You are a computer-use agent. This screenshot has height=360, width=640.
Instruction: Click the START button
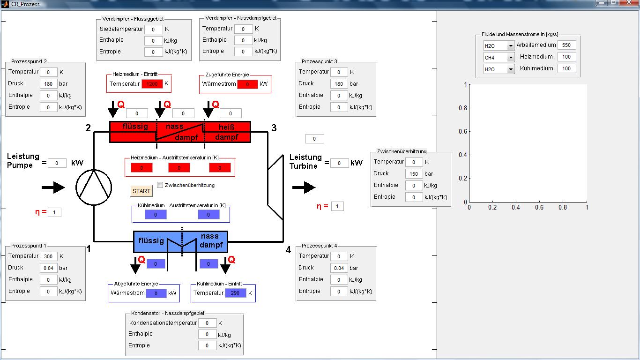(141, 191)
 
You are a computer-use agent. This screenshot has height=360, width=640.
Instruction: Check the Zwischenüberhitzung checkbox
(160, 185)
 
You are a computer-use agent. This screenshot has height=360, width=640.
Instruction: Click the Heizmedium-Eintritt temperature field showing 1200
(152, 84)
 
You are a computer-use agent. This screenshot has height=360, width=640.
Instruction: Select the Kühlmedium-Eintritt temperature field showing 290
(235, 293)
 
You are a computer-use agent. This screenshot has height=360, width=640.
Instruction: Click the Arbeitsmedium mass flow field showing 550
(566, 45)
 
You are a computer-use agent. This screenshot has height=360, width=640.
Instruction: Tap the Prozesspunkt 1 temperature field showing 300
(48, 256)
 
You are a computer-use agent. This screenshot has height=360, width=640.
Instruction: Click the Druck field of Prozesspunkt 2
(48, 84)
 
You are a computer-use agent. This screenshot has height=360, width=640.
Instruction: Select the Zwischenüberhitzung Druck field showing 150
(414, 173)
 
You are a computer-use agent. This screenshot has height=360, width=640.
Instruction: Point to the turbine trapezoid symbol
(275, 187)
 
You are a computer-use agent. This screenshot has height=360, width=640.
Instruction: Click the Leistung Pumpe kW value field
(57, 163)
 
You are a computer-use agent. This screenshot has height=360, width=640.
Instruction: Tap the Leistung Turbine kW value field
(339, 163)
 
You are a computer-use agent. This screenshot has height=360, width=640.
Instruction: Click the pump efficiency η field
(54, 212)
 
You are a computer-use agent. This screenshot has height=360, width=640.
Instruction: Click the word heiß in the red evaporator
(227, 127)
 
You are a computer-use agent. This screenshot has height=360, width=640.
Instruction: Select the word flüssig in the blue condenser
(151, 241)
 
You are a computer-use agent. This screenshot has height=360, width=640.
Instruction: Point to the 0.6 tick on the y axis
(463, 131)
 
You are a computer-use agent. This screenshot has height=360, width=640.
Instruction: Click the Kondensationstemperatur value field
(207, 323)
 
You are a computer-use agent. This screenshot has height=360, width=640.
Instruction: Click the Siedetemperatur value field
(153, 29)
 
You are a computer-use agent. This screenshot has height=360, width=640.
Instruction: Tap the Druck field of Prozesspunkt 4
(339, 268)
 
